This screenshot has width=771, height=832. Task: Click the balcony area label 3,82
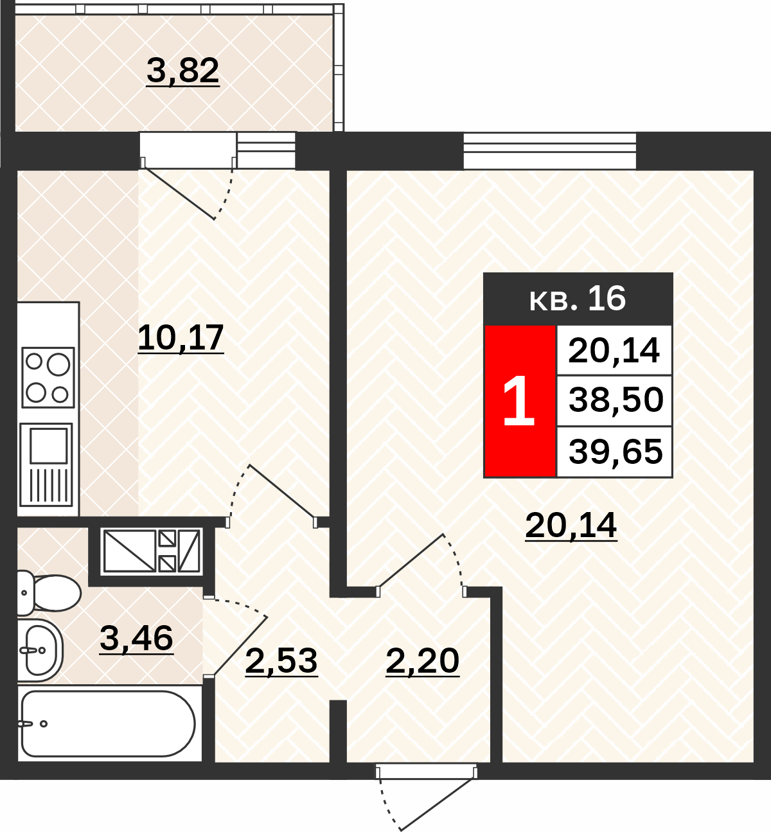click(x=182, y=71)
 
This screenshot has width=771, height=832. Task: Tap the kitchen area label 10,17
click(x=181, y=339)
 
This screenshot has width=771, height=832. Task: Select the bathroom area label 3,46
click(x=137, y=639)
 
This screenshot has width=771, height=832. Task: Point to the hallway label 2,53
click(x=281, y=661)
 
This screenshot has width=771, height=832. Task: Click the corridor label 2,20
click(x=422, y=661)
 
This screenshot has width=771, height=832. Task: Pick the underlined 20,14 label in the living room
click(x=571, y=526)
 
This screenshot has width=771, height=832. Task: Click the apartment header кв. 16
click(x=578, y=299)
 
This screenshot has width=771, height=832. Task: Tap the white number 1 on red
click(x=518, y=401)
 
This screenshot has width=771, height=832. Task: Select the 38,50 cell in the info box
click(x=615, y=400)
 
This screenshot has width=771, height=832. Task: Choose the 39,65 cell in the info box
click(x=615, y=452)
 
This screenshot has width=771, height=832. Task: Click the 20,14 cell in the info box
click(x=614, y=351)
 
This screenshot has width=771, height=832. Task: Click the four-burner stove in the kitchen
click(x=48, y=378)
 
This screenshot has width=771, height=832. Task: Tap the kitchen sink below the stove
click(x=46, y=465)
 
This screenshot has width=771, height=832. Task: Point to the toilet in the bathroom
click(x=49, y=593)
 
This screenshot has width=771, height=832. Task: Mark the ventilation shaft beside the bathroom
click(x=151, y=551)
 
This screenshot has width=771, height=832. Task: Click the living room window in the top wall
click(x=550, y=151)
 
